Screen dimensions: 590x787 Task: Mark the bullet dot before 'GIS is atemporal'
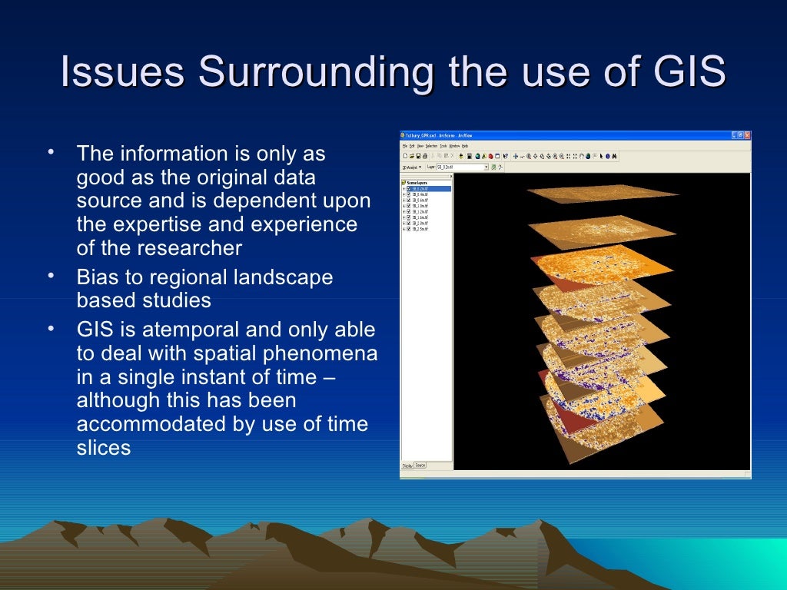pyautogui.click(x=50, y=328)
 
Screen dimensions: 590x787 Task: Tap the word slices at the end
pyautogui.click(x=104, y=449)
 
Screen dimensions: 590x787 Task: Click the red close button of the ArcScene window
pyautogui.click(x=746, y=135)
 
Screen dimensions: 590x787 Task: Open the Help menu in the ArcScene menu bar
pyautogui.click(x=465, y=145)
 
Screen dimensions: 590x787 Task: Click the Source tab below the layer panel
pyautogui.click(x=421, y=466)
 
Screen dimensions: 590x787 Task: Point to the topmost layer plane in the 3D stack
pyautogui.click(x=603, y=193)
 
